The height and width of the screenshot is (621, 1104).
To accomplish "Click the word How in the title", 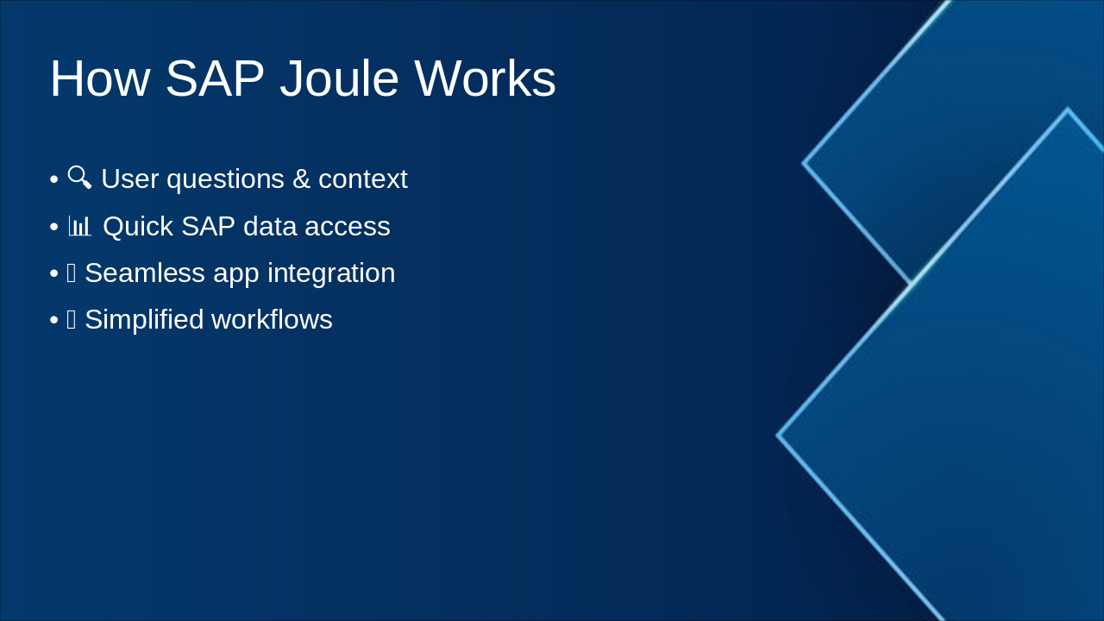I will tap(99, 78).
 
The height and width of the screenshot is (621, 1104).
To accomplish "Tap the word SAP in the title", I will tap(214, 78).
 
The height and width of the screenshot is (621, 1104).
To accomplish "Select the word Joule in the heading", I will tap(339, 78).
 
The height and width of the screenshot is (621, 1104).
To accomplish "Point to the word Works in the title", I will tap(485, 78).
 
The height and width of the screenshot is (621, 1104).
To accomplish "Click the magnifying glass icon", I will tap(79, 178).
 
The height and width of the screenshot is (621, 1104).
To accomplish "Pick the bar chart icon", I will tap(79, 227).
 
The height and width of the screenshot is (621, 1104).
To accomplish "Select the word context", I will tap(362, 179).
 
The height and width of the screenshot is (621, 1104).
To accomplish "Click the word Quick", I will tap(138, 227).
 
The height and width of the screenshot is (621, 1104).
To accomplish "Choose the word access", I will tap(352, 227).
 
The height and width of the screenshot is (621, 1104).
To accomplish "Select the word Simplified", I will tap(143, 320).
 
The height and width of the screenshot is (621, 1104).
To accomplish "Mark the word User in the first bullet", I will tap(129, 179).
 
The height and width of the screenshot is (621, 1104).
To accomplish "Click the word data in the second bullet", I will tap(269, 227).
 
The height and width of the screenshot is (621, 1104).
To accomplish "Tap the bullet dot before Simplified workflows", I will tap(53, 320).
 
